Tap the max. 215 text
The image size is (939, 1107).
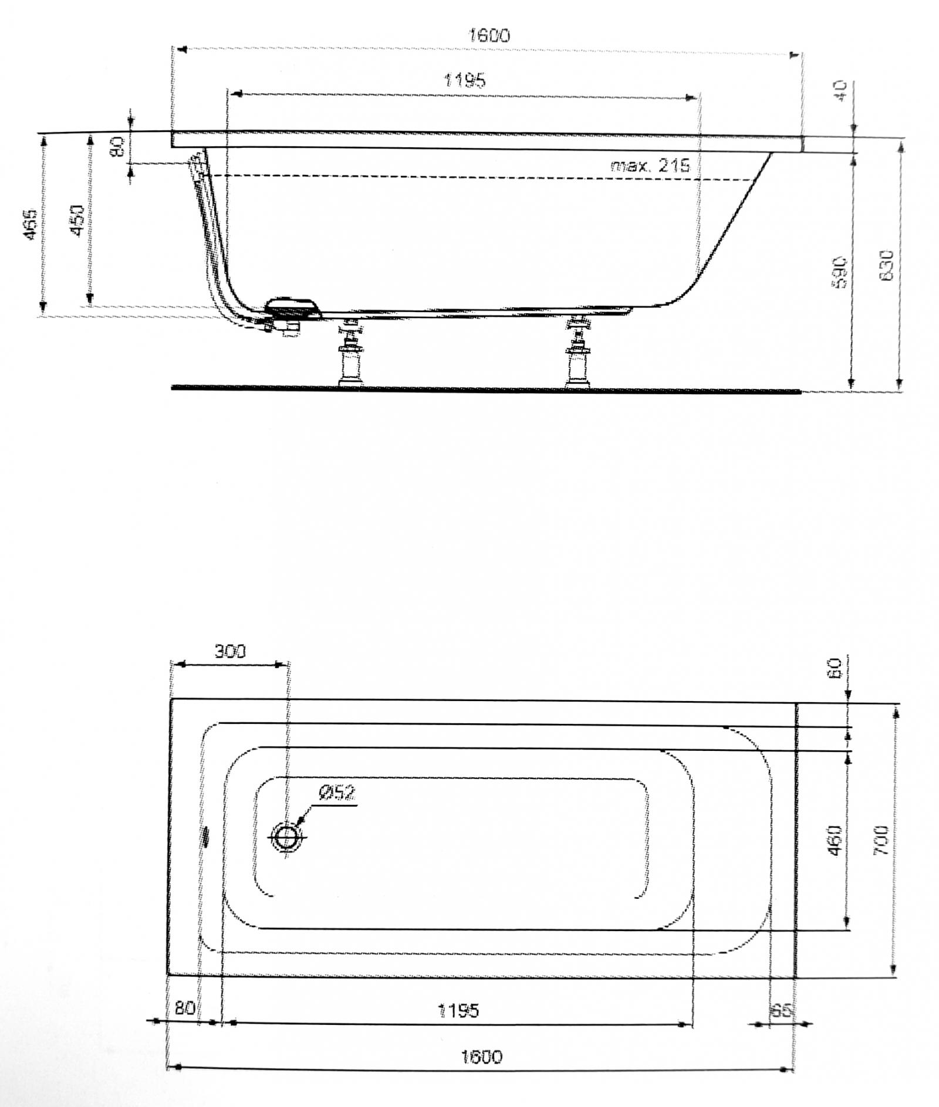click(x=650, y=165)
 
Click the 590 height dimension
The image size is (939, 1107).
click(x=840, y=271)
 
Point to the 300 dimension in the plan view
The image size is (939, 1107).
click(x=229, y=651)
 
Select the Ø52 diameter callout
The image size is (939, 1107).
click(x=337, y=793)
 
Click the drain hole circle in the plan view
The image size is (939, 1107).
click(x=287, y=838)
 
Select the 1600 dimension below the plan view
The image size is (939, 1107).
click(x=482, y=1057)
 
